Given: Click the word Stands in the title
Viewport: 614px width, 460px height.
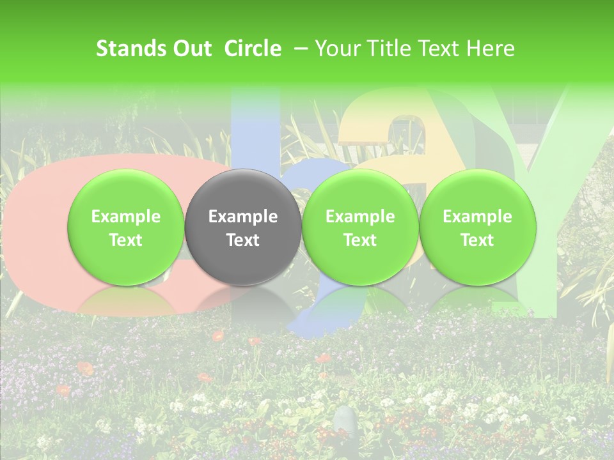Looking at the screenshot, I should pyautogui.click(x=130, y=49).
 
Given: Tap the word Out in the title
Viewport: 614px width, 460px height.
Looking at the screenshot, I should pyautogui.click(x=190, y=49).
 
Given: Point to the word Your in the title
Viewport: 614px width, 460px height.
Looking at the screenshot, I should pyautogui.click(x=337, y=49).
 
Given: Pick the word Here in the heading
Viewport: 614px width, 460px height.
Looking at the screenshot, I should pyautogui.click(x=489, y=49).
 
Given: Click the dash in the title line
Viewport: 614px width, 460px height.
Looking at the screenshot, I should pyautogui.click(x=299, y=49).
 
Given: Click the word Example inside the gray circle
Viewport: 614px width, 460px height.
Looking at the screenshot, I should pyautogui.click(x=243, y=217).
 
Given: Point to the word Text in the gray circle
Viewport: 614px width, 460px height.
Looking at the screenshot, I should pyautogui.click(x=243, y=240).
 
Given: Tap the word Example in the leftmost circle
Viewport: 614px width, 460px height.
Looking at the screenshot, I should pyautogui.click(x=126, y=217).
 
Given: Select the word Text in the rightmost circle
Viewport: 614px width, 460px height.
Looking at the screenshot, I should pyautogui.click(x=477, y=240).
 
